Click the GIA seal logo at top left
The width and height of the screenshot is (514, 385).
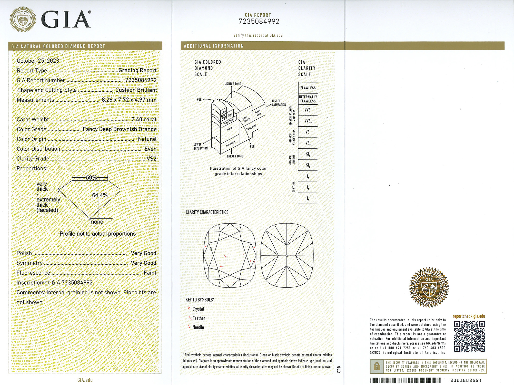(23, 20)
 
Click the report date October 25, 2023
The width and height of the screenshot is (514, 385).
(38, 61)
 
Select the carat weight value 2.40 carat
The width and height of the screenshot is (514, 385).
(144, 119)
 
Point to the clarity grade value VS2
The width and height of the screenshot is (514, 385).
(151, 159)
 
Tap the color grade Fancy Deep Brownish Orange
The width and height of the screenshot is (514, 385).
(120, 129)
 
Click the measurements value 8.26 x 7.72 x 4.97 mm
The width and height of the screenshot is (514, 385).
(129, 100)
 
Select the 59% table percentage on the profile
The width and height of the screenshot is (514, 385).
(91, 178)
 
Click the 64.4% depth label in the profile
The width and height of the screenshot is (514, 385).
(100, 195)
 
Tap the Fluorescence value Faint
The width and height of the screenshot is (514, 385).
(150, 273)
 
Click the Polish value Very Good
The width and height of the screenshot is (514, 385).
(143, 253)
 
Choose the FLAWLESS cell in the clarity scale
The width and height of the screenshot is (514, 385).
(308, 88)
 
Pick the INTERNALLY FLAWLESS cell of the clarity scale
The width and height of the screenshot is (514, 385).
(308, 99)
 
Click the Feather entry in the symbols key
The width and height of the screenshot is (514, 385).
(199, 318)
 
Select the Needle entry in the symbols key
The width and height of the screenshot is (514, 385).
(198, 327)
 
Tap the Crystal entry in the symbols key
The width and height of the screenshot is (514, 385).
(198, 309)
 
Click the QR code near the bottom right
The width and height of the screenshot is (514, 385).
(469, 336)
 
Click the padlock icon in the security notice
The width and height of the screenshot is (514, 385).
(377, 366)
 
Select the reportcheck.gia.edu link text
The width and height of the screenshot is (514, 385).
(469, 316)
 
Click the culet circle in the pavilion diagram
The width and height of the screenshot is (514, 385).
(287, 256)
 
